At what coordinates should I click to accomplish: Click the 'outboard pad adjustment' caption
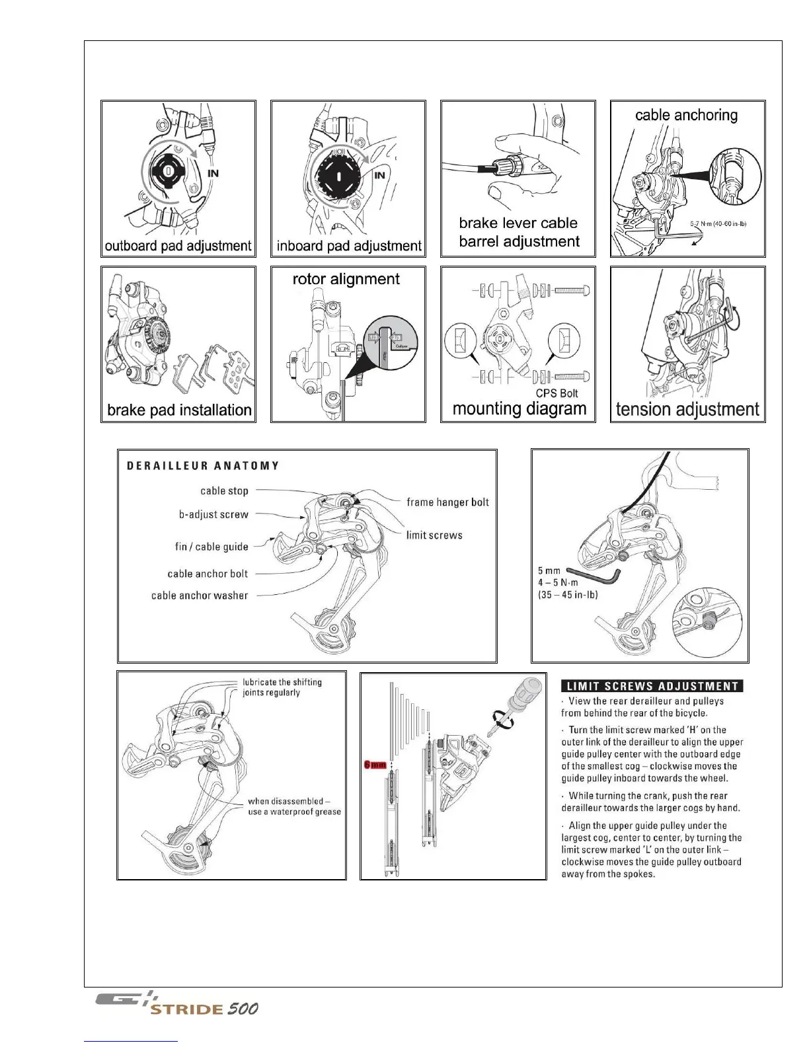click(x=178, y=246)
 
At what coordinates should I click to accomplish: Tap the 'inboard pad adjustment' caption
click(x=348, y=246)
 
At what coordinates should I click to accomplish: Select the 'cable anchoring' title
click(x=686, y=115)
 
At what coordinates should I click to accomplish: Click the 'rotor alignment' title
click(x=346, y=279)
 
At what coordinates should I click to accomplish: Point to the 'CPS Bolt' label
click(x=557, y=393)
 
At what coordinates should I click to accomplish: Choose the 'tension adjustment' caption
click(x=687, y=409)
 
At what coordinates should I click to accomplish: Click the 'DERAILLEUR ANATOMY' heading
click(x=203, y=465)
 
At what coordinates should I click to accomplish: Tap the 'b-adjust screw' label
click(x=213, y=514)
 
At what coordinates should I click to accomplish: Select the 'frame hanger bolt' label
click(x=447, y=502)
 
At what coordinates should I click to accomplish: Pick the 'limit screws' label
click(x=434, y=535)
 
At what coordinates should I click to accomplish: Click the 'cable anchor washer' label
click(x=200, y=596)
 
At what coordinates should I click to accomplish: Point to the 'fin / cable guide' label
click(x=212, y=547)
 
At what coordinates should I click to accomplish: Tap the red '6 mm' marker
click(x=375, y=765)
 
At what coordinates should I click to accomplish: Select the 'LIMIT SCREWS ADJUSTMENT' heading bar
click(x=652, y=686)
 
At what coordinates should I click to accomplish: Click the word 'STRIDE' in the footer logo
click(x=186, y=1009)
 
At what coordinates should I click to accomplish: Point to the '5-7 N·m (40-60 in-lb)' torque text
click(x=718, y=224)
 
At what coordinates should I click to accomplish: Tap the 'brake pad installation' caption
click(x=179, y=410)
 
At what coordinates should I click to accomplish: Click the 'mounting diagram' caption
click(x=520, y=409)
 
